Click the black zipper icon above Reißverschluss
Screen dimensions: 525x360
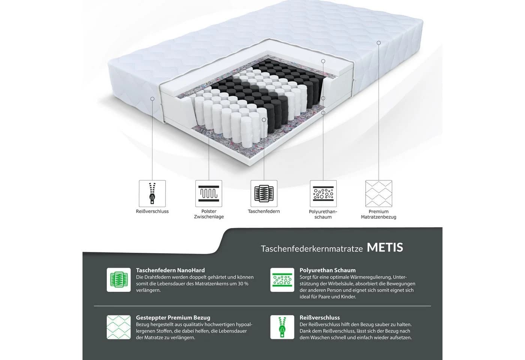click(152, 193)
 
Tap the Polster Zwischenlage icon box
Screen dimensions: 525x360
click(208, 193)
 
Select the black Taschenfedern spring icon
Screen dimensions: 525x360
click(264, 193)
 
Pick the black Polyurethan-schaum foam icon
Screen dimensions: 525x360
click(323, 193)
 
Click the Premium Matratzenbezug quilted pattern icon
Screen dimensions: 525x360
click(379, 193)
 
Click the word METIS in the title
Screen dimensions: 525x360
click(385, 247)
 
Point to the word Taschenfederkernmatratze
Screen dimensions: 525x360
click(312, 249)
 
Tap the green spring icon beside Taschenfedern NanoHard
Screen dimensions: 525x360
click(118, 280)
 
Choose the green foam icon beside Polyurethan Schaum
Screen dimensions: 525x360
click(282, 280)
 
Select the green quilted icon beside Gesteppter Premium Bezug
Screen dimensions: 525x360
click(118, 327)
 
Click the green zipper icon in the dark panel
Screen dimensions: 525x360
click(282, 327)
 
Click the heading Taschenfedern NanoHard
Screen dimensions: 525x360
click(170, 270)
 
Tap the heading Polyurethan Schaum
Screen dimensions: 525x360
click(328, 270)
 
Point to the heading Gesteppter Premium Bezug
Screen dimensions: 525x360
click(173, 318)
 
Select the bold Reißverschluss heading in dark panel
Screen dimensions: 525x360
click(319, 318)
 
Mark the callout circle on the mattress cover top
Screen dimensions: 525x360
click(379, 43)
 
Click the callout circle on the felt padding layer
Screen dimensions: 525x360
click(209, 133)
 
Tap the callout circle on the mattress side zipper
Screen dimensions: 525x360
click(152, 99)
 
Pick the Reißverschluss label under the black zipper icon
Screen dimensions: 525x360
click(152, 211)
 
